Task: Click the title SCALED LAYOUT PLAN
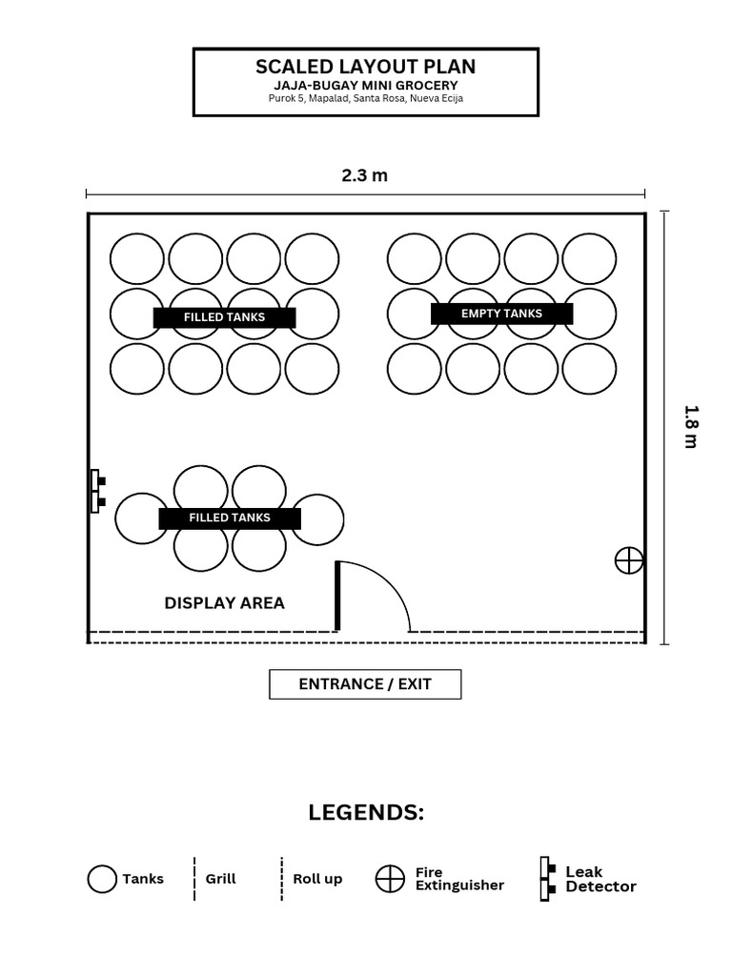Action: [365, 67]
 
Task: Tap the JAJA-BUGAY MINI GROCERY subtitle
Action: [365, 85]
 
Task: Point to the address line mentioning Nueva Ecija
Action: [365, 98]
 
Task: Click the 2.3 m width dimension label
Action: [365, 175]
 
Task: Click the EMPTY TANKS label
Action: [501, 314]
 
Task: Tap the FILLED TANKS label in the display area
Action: [230, 518]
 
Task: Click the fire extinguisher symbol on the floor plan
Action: [629, 560]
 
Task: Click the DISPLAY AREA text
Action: [225, 603]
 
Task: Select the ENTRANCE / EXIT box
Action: [365, 684]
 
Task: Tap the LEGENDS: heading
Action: [366, 813]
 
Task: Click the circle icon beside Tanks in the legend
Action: [102, 879]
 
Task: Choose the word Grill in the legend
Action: [221, 879]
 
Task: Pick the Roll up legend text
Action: [317, 880]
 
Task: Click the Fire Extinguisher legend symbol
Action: [390, 879]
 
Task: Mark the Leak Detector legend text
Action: [600, 879]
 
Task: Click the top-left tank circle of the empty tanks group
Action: [414, 259]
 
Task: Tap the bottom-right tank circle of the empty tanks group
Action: [589, 369]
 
